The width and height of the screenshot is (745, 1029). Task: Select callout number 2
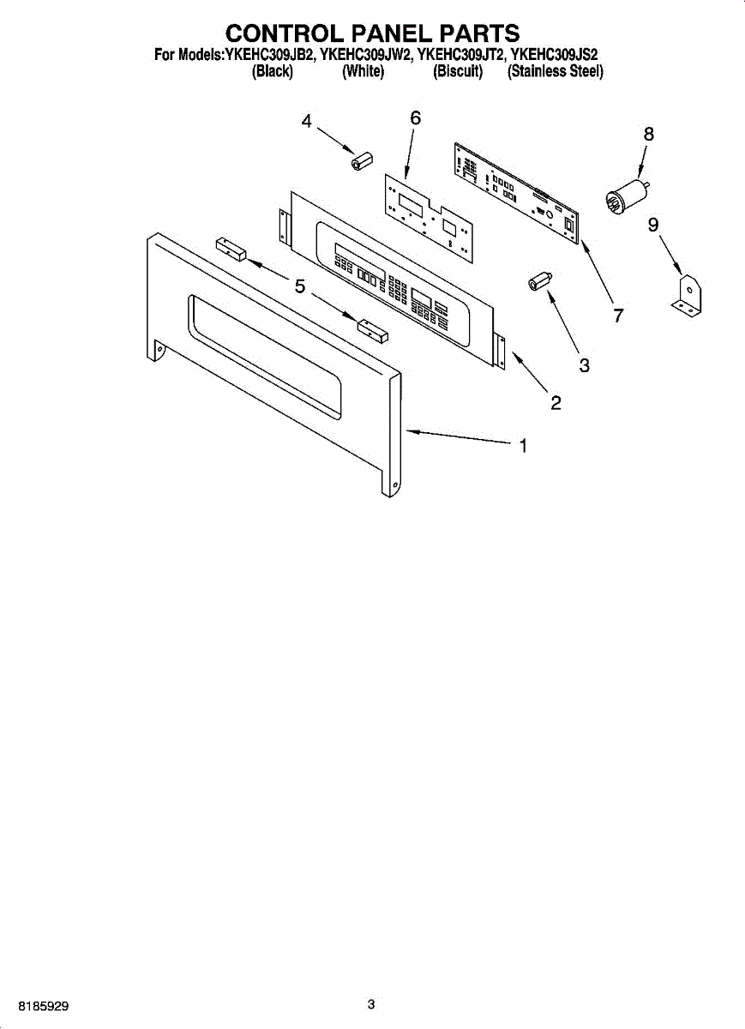[x=556, y=403]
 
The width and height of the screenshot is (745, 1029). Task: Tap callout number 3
[x=584, y=365]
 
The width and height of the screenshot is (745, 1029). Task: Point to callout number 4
[x=306, y=122]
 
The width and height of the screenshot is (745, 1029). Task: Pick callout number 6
[x=415, y=119]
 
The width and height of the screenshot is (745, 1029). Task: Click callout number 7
[x=617, y=316]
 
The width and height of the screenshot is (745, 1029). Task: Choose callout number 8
[x=648, y=134]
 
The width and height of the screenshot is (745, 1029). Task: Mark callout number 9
[x=653, y=226]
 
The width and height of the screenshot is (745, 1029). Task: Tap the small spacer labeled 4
[x=360, y=160]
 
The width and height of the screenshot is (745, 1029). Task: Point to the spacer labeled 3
[x=539, y=282]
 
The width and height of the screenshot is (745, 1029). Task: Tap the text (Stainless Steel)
[x=556, y=73]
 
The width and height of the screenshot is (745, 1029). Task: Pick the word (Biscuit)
[x=458, y=73]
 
